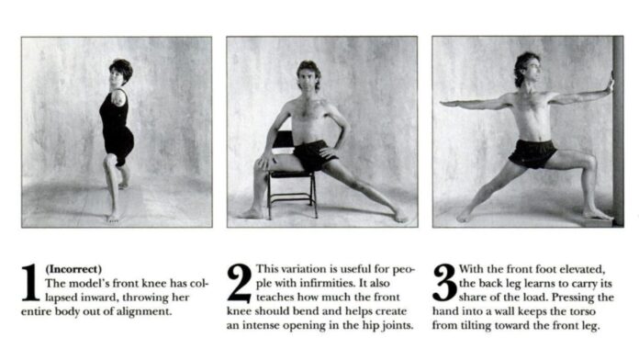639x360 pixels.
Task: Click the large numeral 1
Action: pos(30,283)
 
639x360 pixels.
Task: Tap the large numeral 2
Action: pos(240,283)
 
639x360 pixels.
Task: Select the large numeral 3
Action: pos(444,283)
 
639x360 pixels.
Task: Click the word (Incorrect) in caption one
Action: pos(73,269)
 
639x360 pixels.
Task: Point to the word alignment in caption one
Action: pos(144,312)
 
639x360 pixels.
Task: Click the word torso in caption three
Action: pos(583,312)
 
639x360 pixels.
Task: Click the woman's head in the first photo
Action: pos(120,73)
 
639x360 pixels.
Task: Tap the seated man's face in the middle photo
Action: pos(308,78)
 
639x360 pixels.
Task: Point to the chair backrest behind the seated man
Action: pos(283,140)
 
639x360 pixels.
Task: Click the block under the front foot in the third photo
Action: pos(597,222)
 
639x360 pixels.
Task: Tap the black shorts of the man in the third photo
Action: pos(532,153)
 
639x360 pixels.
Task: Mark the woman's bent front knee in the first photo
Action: pos(110,160)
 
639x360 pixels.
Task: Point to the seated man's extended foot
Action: pos(400,216)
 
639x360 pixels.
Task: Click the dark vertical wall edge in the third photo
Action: pos(618,130)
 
